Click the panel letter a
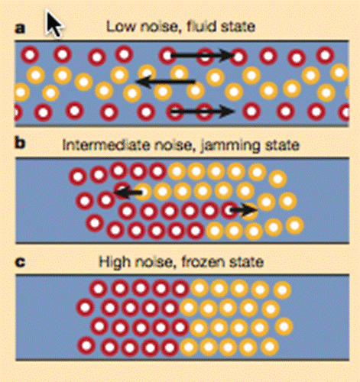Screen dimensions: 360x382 point(20,28)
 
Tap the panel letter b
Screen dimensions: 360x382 point(21,143)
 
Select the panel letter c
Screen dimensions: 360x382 point(20,262)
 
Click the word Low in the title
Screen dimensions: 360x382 point(122,26)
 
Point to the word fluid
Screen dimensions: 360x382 point(201,26)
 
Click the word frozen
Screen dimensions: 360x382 point(203,262)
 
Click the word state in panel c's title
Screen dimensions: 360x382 point(246,262)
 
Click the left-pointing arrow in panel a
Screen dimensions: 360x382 point(166,82)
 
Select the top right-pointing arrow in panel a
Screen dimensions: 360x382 point(203,56)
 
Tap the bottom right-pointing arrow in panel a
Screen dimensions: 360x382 point(203,112)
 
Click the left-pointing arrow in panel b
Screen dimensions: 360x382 point(128,193)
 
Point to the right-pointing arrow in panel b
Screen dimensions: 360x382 point(244,210)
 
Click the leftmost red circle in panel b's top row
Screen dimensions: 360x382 point(78,176)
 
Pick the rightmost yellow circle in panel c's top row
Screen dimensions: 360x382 point(282,290)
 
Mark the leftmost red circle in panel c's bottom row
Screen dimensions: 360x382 point(86,346)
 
